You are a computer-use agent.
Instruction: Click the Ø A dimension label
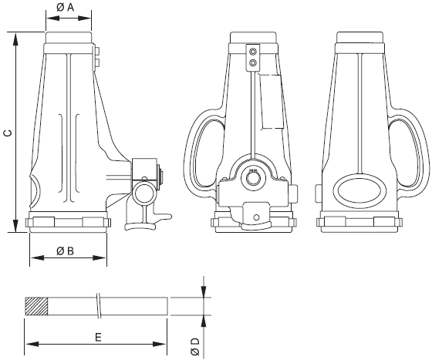tap(66, 8)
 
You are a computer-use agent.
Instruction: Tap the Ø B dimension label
tap(66, 251)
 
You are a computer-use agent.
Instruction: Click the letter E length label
tap(98, 337)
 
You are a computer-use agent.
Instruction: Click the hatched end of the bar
tap(36, 306)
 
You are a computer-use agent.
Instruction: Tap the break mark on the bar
tap(99, 306)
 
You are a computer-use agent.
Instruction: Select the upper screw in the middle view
tap(253, 52)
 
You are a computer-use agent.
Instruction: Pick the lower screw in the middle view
tap(253, 63)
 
